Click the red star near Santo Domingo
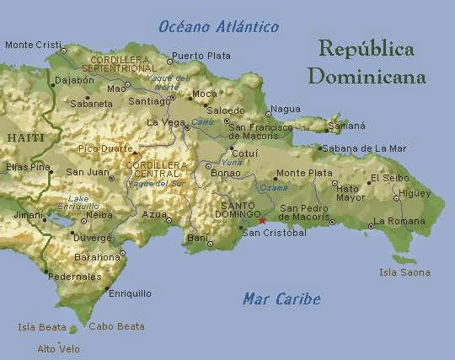pos(262,221)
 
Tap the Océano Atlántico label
pos(217,27)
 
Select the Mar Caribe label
pos(281,298)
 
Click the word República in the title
pos(367,49)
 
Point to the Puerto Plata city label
pos(201,56)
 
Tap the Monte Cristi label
pos(33,45)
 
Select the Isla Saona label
pos(404,272)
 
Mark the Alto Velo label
pos(58,348)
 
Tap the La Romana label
pos(399,221)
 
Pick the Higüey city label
pos(415,193)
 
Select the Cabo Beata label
pos(116,326)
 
